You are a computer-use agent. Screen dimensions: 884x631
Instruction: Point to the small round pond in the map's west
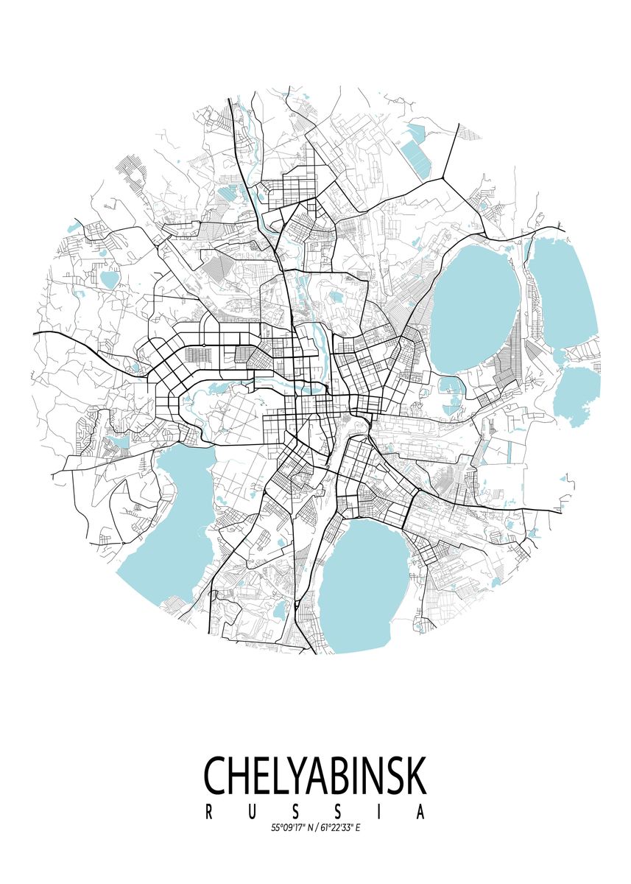coord(110,279)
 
